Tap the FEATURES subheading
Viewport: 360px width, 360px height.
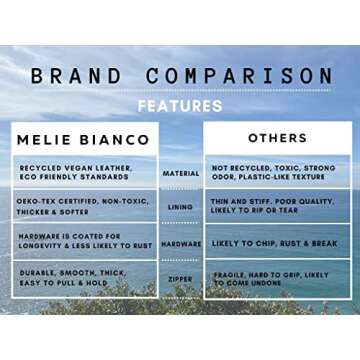click(x=180, y=105)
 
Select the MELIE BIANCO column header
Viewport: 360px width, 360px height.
click(x=84, y=139)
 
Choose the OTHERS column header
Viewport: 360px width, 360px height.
click(x=276, y=138)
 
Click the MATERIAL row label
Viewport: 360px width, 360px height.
click(x=181, y=173)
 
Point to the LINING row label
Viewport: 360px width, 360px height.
click(x=181, y=207)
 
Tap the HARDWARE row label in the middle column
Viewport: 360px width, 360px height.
click(x=181, y=243)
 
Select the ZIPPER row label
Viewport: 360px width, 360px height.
click(x=181, y=277)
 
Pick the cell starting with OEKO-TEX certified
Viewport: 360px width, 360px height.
click(x=82, y=206)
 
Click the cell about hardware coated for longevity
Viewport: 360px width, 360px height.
click(x=82, y=242)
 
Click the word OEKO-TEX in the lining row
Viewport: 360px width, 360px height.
click(x=35, y=201)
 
